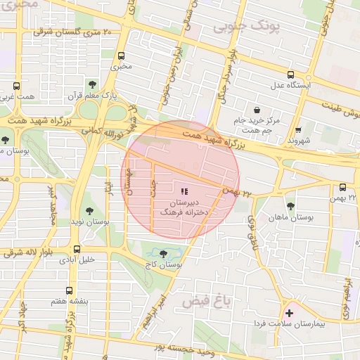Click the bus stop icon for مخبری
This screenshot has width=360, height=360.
pos(122,56)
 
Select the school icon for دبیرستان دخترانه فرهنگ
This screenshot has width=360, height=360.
pos(184,191)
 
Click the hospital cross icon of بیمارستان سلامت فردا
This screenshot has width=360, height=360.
pos(289,312)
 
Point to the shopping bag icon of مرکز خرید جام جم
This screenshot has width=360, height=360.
pos(257,110)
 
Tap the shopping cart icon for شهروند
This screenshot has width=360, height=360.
pos(299,129)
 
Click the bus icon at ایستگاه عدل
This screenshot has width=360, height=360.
pos(291,75)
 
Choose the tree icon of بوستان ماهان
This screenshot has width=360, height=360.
pos(290,206)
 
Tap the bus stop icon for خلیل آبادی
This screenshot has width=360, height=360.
pos(77,248)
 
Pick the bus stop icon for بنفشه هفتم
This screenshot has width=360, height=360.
pos(69,290)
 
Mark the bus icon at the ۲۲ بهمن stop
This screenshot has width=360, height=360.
pos(342,187)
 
